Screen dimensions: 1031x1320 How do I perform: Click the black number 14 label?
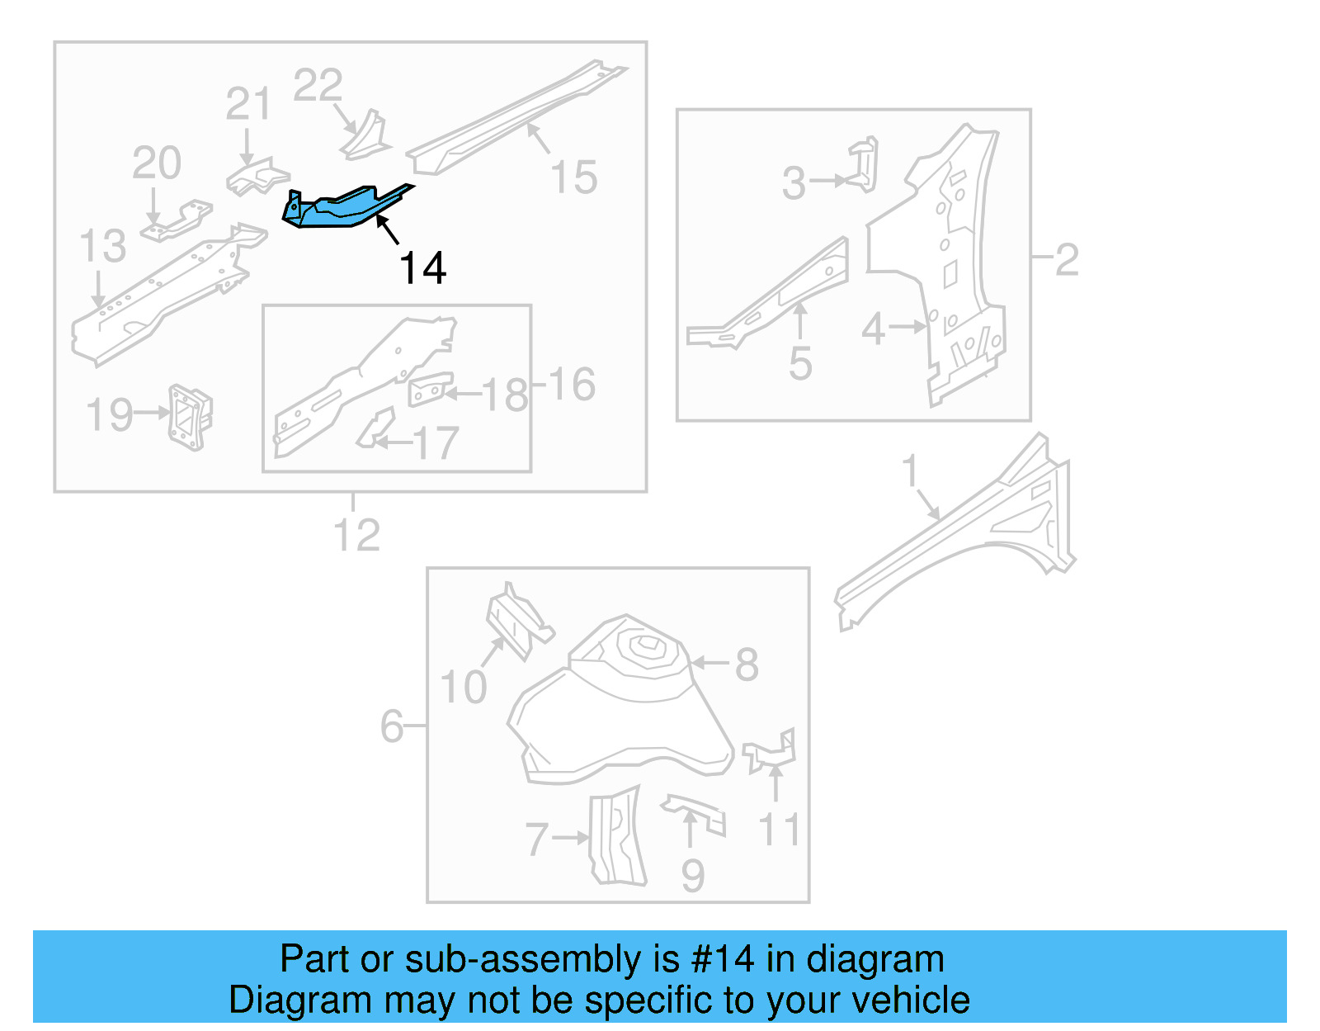[422, 269]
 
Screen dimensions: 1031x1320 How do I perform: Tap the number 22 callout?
[318, 86]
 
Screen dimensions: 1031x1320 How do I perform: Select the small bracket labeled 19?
[191, 417]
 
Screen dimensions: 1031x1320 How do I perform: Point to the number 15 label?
[573, 178]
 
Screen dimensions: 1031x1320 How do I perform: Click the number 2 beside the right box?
[1066, 260]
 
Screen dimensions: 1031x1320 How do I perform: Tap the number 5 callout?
[800, 364]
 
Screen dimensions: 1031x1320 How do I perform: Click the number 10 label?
[463, 688]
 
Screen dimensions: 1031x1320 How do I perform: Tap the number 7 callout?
[537, 839]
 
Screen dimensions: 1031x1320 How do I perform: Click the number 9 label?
[693, 876]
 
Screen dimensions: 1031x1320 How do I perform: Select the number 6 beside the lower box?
[392, 726]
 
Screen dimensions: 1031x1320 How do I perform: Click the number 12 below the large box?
[356, 536]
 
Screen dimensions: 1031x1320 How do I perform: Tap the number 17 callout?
[436, 443]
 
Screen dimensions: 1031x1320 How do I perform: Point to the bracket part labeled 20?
[177, 221]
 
